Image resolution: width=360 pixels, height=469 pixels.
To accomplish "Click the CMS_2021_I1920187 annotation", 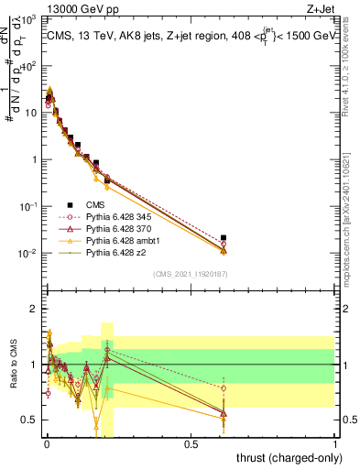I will click(190, 273).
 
